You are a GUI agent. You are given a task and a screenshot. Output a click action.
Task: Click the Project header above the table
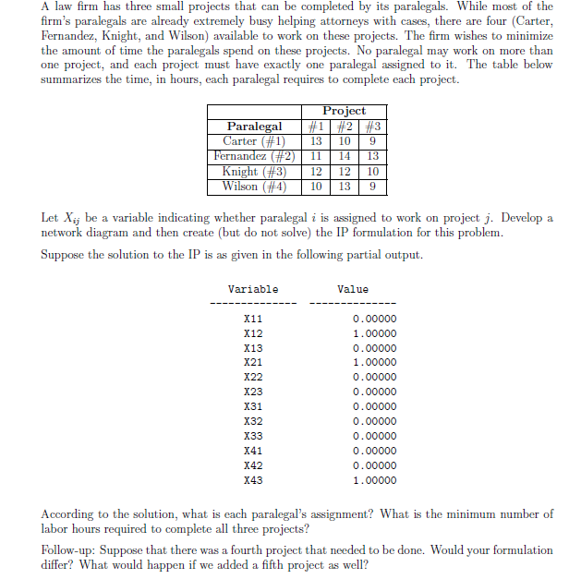pyautogui.click(x=344, y=111)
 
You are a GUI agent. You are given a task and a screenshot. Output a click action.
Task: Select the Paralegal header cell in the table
pyautogui.click(x=254, y=127)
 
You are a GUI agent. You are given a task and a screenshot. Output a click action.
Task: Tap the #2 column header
pyautogui.click(x=344, y=127)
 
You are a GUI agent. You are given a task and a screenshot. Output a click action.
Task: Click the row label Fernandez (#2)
pyautogui.click(x=254, y=156)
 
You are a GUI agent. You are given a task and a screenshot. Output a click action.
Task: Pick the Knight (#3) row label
pyautogui.click(x=254, y=171)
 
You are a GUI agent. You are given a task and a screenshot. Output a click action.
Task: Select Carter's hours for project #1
pyautogui.click(x=316, y=141)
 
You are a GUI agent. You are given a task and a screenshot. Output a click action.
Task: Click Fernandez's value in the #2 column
pyautogui.click(x=344, y=156)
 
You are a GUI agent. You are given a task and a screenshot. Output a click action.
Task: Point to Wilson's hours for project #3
pyautogui.click(x=371, y=186)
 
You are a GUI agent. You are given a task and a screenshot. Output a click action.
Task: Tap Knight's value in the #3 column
pyautogui.click(x=371, y=171)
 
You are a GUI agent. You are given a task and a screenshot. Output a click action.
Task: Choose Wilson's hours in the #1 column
pyautogui.click(x=316, y=186)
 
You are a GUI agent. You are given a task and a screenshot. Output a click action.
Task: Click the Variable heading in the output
pyautogui.click(x=253, y=289)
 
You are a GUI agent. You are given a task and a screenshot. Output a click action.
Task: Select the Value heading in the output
pyautogui.click(x=353, y=289)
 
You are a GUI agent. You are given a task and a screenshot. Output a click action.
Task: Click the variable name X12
pyautogui.click(x=252, y=332)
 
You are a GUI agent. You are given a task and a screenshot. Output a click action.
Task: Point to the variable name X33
pyautogui.click(x=252, y=436)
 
